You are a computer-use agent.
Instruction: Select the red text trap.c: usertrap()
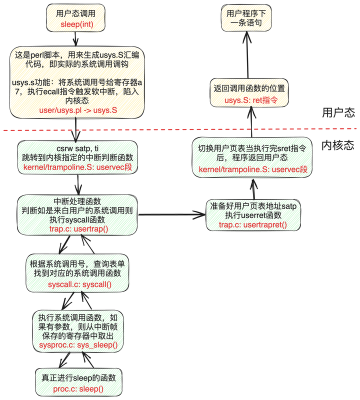(78, 228)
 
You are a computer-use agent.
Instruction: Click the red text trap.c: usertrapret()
(253, 225)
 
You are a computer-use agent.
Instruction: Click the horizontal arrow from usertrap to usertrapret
(170, 215)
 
